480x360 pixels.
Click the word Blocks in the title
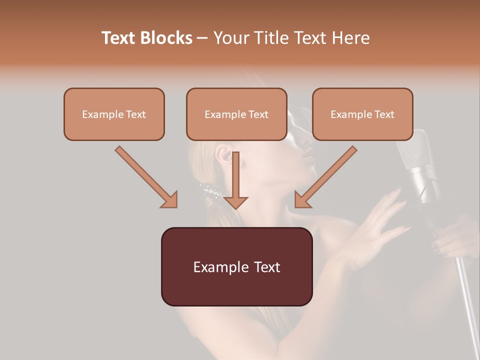click(x=166, y=38)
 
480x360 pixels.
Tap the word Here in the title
click(x=351, y=38)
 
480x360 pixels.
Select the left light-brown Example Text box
click(x=114, y=114)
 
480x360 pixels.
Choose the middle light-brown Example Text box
click(x=236, y=114)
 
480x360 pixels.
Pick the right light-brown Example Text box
click(x=362, y=114)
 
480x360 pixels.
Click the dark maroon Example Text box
click(x=236, y=266)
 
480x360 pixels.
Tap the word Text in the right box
click(x=384, y=114)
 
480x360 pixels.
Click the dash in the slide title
click(x=202, y=38)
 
